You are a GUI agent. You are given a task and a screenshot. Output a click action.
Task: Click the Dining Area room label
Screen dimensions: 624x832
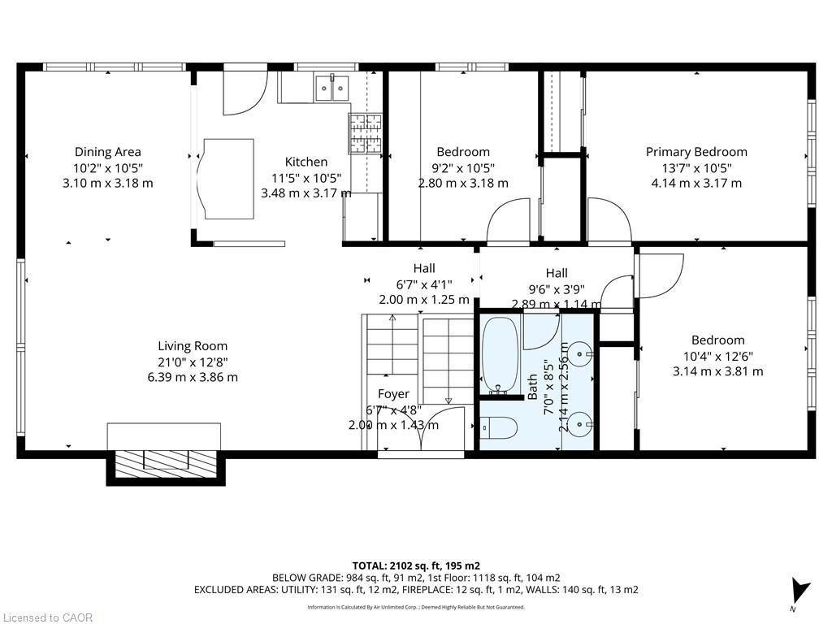point(108,152)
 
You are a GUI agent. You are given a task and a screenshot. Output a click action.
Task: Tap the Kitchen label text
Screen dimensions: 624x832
point(306,162)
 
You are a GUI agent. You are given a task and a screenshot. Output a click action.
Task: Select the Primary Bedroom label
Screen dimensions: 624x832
point(696,152)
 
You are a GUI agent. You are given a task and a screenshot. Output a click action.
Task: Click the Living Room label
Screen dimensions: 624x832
point(193,346)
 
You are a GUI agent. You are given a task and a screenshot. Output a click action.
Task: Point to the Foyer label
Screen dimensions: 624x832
point(393,394)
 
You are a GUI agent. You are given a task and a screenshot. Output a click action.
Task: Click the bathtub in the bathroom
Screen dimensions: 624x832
point(500,354)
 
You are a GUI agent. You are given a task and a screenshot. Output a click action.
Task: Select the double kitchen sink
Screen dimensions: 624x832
point(331,84)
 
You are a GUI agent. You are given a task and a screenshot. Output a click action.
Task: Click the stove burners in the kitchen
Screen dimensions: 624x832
point(365,133)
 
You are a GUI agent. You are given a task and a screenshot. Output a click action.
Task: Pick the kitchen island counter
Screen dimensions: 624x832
point(228,178)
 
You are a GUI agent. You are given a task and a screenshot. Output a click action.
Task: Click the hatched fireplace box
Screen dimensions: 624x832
point(166,464)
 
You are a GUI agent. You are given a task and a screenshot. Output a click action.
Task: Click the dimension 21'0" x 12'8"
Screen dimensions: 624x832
point(193,362)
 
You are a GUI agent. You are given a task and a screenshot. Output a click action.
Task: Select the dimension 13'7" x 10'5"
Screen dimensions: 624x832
point(696,167)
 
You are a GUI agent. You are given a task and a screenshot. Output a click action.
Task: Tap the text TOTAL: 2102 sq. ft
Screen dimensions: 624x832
point(416,565)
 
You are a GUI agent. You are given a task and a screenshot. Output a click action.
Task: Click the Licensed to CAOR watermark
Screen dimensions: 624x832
point(47,617)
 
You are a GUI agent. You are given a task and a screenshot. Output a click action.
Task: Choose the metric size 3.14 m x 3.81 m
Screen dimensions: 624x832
point(717,371)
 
